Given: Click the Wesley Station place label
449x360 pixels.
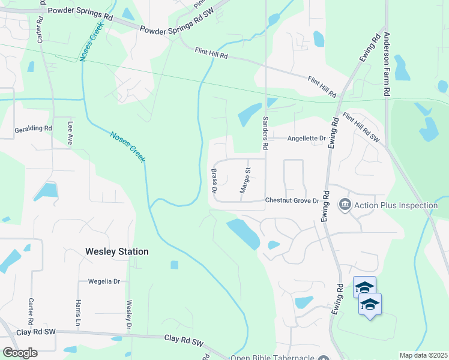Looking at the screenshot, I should pyautogui.click(x=116, y=251).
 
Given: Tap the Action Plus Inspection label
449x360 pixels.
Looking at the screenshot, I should pyautogui.click(x=396, y=206).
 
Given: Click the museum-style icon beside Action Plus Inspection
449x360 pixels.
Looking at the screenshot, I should pyautogui.click(x=345, y=206).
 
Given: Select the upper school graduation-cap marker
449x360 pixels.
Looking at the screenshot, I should pyautogui.click(x=364, y=287).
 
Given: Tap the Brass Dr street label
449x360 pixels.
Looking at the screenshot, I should pyautogui.click(x=214, y=181).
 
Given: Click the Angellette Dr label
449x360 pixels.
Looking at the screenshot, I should pyautogui.click(x=306, y=139).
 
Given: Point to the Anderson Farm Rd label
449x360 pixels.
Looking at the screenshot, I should pyautogui.click(x=387, y=66).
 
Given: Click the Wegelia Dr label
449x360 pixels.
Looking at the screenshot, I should pyautogui.click(x=104, y=281).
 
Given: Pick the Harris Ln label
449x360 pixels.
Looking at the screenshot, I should pyautogui.click(x=78, y=313).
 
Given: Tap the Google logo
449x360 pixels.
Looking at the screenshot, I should pyautogui.click(x=20, y=353).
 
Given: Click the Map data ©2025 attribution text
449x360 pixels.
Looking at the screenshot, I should pyautogui.click(x=423, y=355).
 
